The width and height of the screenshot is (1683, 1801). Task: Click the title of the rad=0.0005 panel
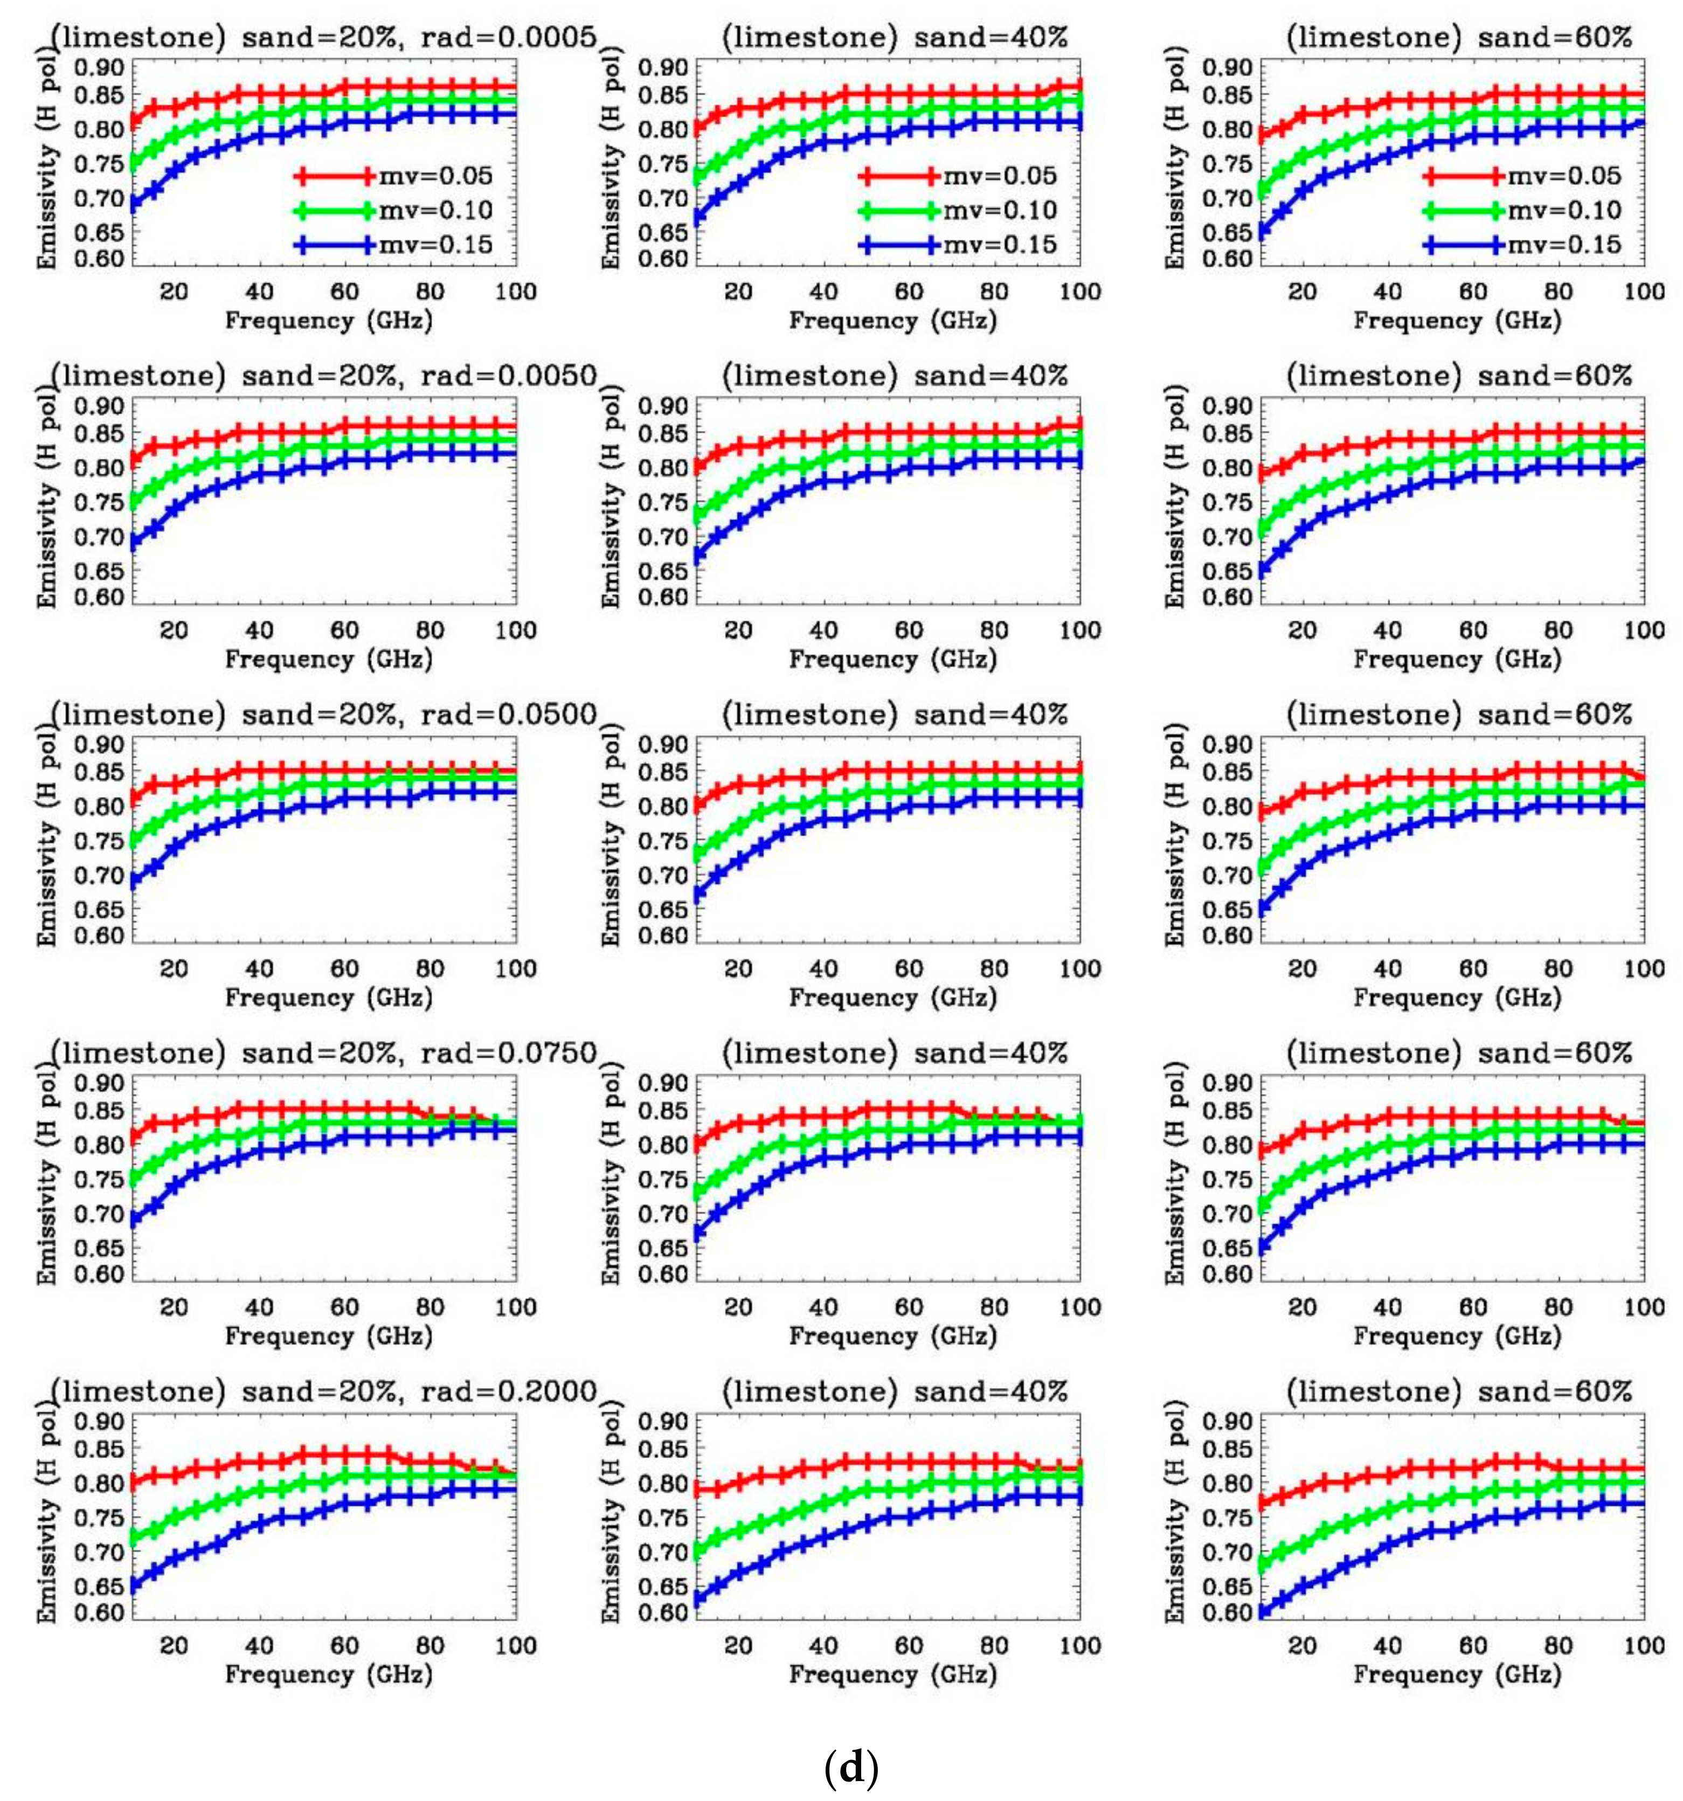(323, 37)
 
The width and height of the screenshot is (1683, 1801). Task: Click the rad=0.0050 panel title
(323, 376)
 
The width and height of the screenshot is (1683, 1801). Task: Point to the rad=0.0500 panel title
(323, 715)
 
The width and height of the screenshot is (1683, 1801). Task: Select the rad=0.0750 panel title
(323, 1052)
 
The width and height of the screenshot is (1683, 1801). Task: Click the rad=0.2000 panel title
(323, 1391)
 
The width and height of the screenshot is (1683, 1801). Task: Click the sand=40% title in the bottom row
(894, 1391)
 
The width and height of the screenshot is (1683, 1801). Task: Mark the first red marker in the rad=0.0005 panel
(134, 121)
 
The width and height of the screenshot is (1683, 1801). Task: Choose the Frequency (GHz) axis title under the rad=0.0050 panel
(328, 659)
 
